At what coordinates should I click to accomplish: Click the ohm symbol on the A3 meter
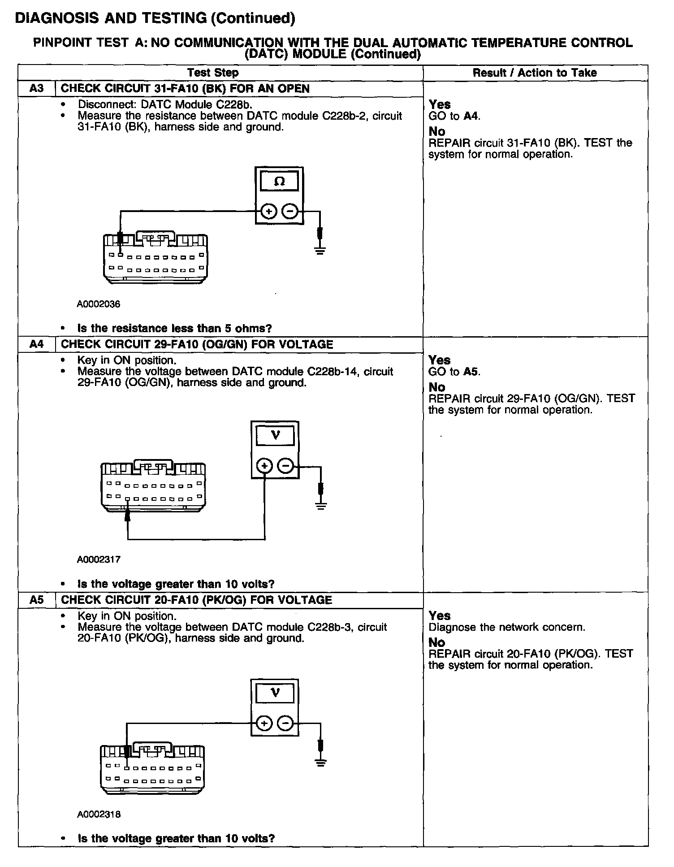pos(279,182)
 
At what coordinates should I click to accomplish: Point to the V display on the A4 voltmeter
pos(275,435)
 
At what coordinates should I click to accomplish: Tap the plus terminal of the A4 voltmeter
pos(264,467)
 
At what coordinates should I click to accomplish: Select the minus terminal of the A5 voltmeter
pos(285,723)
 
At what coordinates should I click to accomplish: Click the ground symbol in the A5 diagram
pos(320,763)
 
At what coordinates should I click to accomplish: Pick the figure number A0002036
pos(99,304)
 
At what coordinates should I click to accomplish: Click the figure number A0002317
pos(99,559)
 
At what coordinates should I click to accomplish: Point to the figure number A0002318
pos(99,814)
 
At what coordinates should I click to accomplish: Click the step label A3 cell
pos(36,88)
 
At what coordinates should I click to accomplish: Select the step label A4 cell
pos(36,344)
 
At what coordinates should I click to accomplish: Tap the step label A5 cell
pos(36,600)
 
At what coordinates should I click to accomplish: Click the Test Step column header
pos(213,73)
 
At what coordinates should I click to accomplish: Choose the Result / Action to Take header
pos(535,73)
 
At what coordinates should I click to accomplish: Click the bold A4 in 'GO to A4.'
pos(471,116)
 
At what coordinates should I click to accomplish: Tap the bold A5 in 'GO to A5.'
pos(471,372)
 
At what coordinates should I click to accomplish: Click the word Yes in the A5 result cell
pos(440,616)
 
